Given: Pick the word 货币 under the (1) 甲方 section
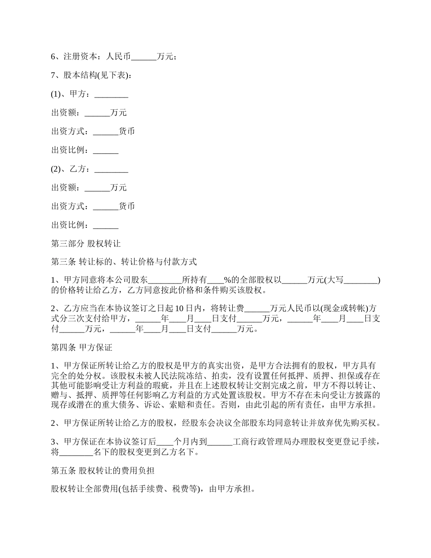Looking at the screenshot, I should (x=127, y=132).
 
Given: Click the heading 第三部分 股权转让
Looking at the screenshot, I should (x=86, y=244).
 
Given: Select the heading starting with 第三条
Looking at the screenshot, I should (x=124, y=262).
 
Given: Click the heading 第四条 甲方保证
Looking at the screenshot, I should (x=82, y=348).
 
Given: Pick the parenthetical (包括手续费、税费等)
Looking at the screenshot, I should (x=158, y=489).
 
